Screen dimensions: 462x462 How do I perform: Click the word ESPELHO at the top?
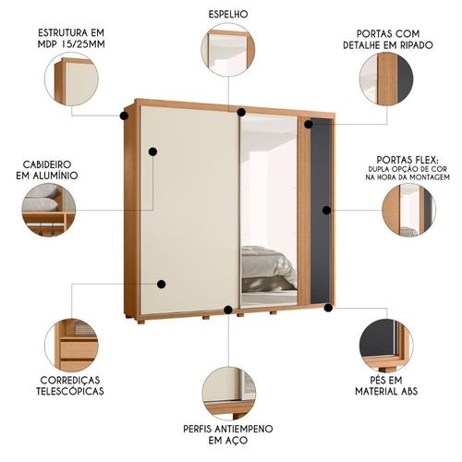tap(228, 14)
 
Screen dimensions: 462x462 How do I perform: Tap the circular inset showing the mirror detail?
tap(228, 50)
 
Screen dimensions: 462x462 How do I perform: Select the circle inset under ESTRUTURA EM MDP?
tap(71, 79)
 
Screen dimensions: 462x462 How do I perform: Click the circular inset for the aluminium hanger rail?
tap(49, 210)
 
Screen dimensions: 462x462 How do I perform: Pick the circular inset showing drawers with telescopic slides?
tap(71, 346)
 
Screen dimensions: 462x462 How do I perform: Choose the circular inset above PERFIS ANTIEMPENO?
tap(229, 394)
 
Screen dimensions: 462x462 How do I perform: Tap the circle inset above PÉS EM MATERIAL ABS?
tap(386, 346)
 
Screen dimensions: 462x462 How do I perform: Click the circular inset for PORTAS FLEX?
tap(409, 210)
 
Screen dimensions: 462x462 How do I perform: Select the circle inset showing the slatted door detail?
tap(386, 79)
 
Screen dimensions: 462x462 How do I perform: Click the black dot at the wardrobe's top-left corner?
tap(124, 115)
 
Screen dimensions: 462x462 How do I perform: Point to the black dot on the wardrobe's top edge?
tap(241, 112)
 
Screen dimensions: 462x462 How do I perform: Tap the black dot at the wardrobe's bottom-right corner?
tap(329, 307)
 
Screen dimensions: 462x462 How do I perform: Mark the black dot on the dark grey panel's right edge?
tap(327, 211)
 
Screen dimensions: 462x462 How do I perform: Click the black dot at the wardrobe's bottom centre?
tap(228, 310)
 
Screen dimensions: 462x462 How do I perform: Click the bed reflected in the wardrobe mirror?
tap(267, 268)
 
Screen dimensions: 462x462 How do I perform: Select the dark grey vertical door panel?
tap(321, 210)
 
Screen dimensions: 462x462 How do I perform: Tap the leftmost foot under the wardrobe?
tap(141, 322)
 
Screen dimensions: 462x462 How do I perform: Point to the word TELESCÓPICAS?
tap(70, 391)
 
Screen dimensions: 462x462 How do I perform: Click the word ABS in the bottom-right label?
tap(409, 391)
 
